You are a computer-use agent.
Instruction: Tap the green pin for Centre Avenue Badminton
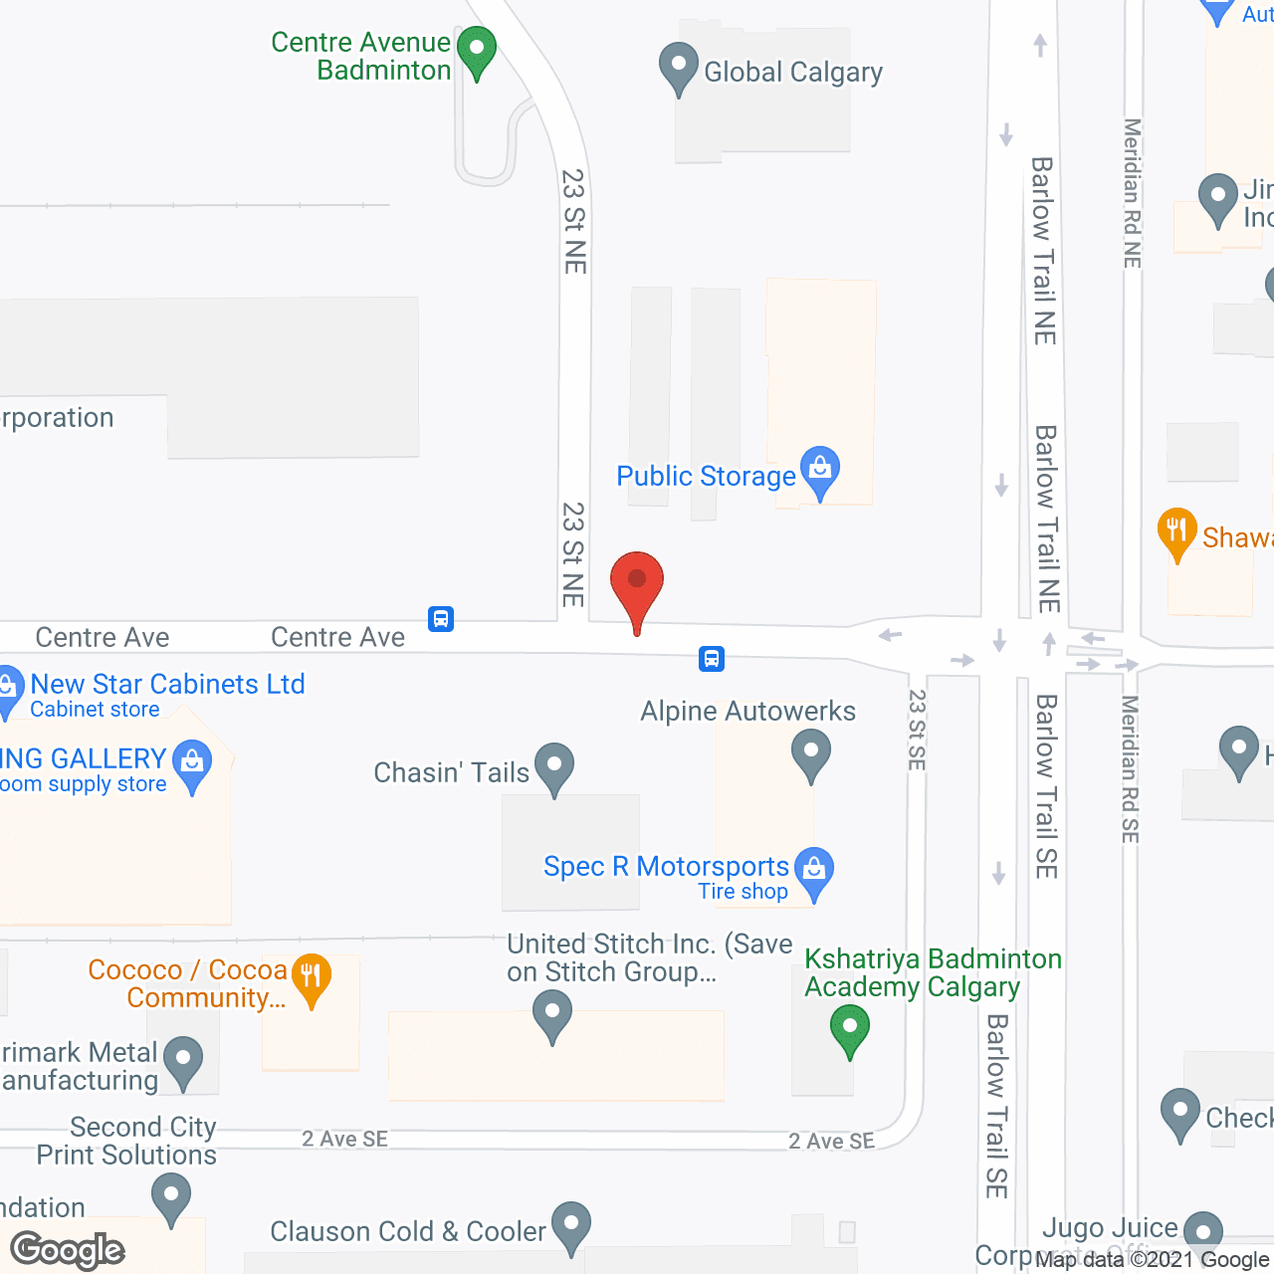pyautogui.click(x=477, y=51)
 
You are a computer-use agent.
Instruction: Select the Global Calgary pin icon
pyautogui.click(x=678, y=67)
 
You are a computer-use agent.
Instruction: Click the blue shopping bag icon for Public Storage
pyautogui.click(x=820, y=471)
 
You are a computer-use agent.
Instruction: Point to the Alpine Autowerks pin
pyautogui.click(x=811, y=752)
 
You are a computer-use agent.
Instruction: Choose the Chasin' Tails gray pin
pyautogui.click(x=554, y=767)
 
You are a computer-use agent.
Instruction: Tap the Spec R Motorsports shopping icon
pyautogui.click(x=814, y=871)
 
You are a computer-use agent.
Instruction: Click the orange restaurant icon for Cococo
pyautogui.click(x=312, y=977)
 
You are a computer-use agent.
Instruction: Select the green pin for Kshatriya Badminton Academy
pyautogui.click(x=849, y=1029)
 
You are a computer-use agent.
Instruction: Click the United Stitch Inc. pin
pyautogui.click(x=552, y=1015)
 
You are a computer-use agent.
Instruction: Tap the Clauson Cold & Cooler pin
pyautogui.click(x=571, y=1225)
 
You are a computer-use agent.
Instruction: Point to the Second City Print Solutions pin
pyautogui.click(x=171, y=1196)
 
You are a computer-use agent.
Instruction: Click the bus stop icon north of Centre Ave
pyautogui.click(x=441, y=619)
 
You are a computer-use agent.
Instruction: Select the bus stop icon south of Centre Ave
pyautogui.click(x=712, y=658)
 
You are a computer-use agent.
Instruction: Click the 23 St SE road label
pyautogui.click(x=917, y=730)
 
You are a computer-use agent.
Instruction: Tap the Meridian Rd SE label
pyautogui.click(x=1130, y=768)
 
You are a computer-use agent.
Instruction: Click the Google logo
pyautogui.click(x=68, y=1250)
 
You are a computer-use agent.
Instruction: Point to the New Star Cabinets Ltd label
pyautogui.click(x=167, y=685)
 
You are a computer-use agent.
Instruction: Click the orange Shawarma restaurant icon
pyautogui.click(x=1177, y=532)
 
